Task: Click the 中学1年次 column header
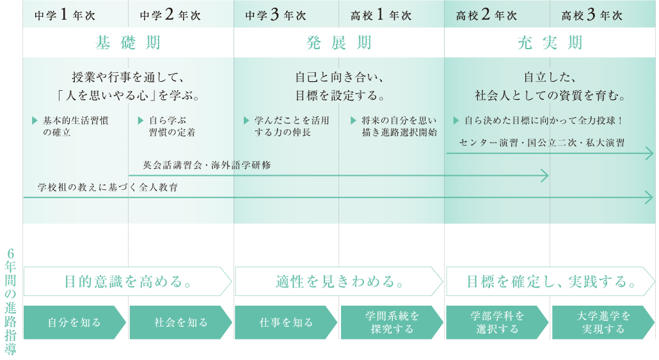point(65,15)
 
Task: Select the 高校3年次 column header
point(592,15)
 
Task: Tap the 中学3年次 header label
point(276,15)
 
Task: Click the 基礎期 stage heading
point(128,43)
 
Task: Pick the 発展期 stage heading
point(339,43)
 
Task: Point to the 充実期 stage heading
point(550,43)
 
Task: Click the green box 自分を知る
point(75,322)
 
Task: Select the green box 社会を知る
point(180,322)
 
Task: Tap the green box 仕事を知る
point(286,322)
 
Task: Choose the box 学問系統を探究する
point(392,322)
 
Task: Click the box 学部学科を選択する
point(498,322)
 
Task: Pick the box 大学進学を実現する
point(603,322)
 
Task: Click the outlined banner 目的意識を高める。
point(128,281)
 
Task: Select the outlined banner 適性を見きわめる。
point(339,281)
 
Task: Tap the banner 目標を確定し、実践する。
point(551,281)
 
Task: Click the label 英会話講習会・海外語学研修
point(207,165)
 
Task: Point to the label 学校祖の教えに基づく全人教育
point(107,187)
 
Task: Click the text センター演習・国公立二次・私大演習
point(542,143)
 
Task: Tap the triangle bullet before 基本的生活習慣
point(35,121)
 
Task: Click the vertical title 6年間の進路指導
point(10,302)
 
